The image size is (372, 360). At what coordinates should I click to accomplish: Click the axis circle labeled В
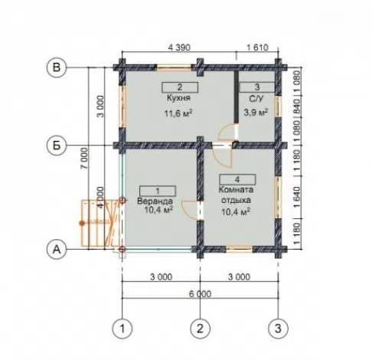click(57, 68)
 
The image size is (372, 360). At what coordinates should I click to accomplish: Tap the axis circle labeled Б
click(57, 146)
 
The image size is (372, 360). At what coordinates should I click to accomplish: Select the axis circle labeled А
click(57, 249)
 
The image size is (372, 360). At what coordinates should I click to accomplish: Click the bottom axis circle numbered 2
click(201, 329)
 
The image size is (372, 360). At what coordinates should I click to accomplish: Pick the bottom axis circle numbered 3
click(279, 329)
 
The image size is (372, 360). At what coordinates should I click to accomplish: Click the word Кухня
click(179, 98)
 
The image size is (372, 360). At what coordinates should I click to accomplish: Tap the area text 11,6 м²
click(178, 113)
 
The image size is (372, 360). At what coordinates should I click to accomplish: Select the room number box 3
click(257, 87)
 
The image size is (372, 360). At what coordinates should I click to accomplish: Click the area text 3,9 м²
click(256, 112)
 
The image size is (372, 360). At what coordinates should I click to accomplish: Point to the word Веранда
click(155, 201)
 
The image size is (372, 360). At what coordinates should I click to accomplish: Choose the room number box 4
click(237, 179)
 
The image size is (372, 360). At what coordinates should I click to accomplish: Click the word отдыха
click(236, 201)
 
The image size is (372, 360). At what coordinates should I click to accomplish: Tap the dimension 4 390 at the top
click(179, 47)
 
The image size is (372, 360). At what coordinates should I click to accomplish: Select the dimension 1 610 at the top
click(258, 47)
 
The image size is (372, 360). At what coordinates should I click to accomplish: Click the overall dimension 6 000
click(201, 294)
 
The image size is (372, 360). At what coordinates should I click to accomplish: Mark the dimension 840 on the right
click(297, 106)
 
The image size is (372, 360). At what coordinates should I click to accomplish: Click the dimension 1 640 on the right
click(297, 197)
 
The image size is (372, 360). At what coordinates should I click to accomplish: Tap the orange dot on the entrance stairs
click(82, 223)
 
